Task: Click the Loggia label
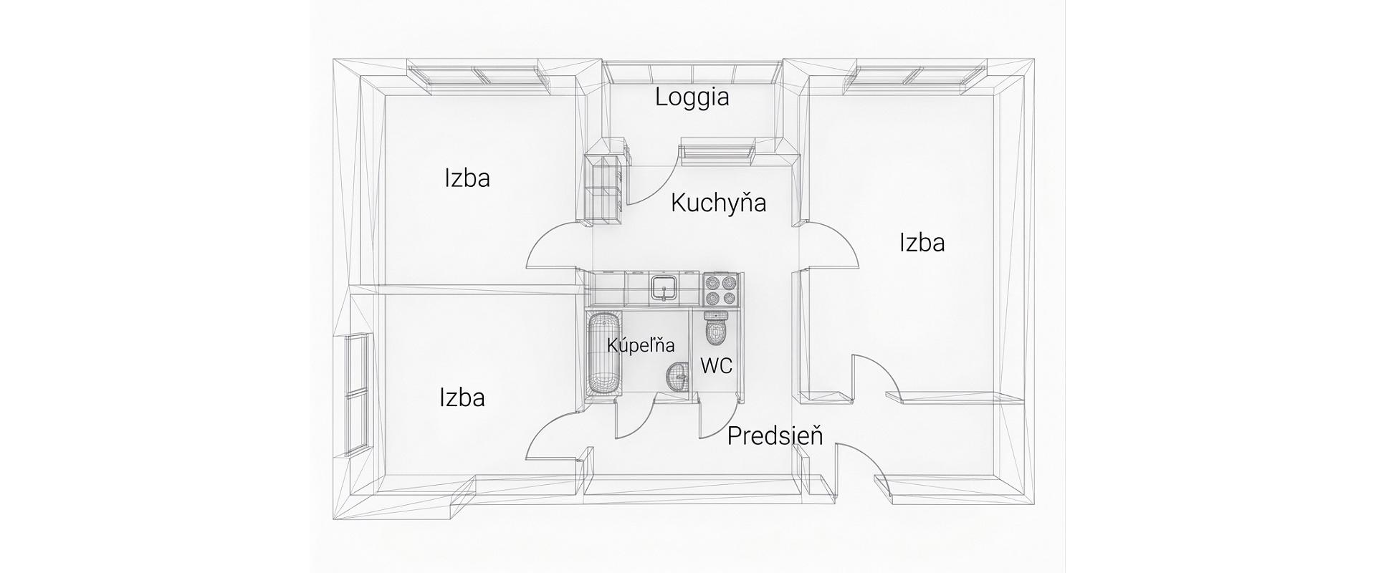click(692, 97)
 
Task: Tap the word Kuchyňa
click(718, 203)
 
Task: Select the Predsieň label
click(775, 435)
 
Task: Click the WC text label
click(716, 366)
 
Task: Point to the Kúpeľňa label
click(641, 345)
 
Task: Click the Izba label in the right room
click(922, 243)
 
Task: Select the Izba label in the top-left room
click(467, 178)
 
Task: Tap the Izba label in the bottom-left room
click(462, 397)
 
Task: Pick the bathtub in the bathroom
click(603, 354)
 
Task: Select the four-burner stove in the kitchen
click(720, 289)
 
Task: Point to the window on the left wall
click(357, 394)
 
